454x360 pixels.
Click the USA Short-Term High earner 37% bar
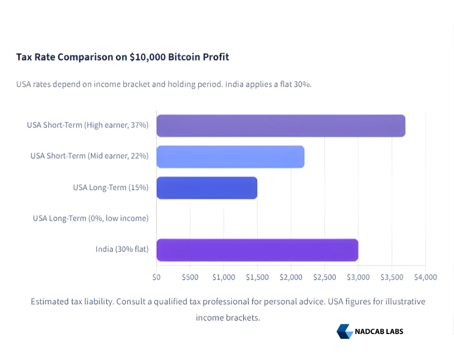[x=281, y=126]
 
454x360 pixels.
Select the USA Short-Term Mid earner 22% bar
[x=230, y=156]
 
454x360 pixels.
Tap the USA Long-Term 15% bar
[x=207, y=188]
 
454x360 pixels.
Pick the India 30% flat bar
[x=257, y=250]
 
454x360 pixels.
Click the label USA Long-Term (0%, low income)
[x=90, y=219]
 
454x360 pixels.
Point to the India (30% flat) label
[x=122, y=249]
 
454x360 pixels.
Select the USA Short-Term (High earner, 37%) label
[x=88, y=125]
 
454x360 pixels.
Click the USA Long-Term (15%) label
[x=111, y=187]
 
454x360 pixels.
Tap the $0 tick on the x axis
[x=156, y=277]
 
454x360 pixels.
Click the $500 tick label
[x=190, y=277]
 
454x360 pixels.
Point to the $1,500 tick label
[x=257, y=277]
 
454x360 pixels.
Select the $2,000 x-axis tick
[x=290, y=277]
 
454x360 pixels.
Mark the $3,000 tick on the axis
[x=358, y=277]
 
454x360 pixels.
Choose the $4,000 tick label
[x=425, y=277]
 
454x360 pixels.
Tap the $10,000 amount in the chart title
[x=147, y=57]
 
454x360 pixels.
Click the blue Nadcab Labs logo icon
[x=344, y=331]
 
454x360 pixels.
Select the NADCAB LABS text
[x=379, y=331]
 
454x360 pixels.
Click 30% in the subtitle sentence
[x=302, y=84]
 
